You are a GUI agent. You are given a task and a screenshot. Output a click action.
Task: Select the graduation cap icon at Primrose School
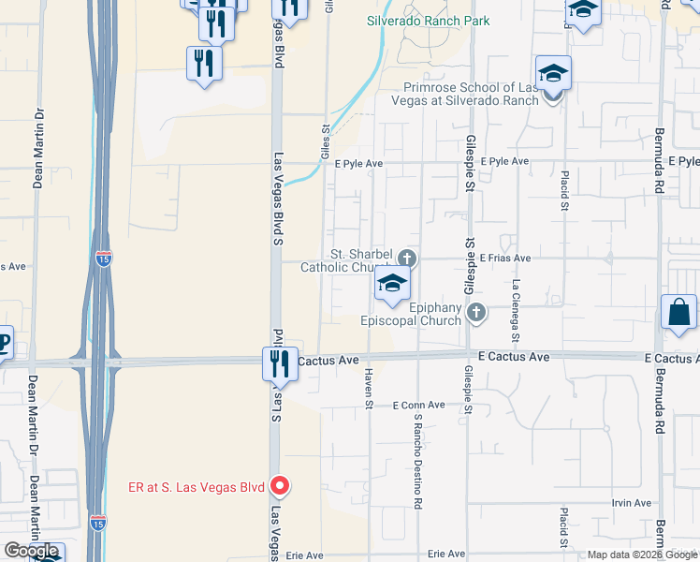pos(553,72)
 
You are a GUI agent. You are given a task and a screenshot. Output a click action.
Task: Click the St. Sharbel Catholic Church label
pos(347,261)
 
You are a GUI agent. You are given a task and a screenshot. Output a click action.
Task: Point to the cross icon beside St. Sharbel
pos(406,258)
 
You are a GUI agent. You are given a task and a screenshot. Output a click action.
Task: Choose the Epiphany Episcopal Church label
pos(412,314)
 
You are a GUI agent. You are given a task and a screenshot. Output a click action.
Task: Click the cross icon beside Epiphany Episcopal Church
pos(476,312)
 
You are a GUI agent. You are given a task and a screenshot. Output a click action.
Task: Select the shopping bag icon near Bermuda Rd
pos(678,313)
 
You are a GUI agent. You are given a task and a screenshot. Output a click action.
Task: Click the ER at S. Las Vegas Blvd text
pos(196,486)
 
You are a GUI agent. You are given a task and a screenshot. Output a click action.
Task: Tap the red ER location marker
pos(279,486)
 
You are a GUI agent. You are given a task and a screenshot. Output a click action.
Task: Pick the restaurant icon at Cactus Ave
pos(279,363)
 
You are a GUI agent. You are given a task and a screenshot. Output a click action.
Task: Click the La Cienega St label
pos(516,309)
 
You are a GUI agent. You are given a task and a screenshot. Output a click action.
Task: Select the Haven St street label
pos(368,388)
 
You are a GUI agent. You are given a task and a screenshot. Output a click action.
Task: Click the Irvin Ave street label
pos(631,503)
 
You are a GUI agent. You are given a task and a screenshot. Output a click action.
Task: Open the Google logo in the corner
pos(31,551)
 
